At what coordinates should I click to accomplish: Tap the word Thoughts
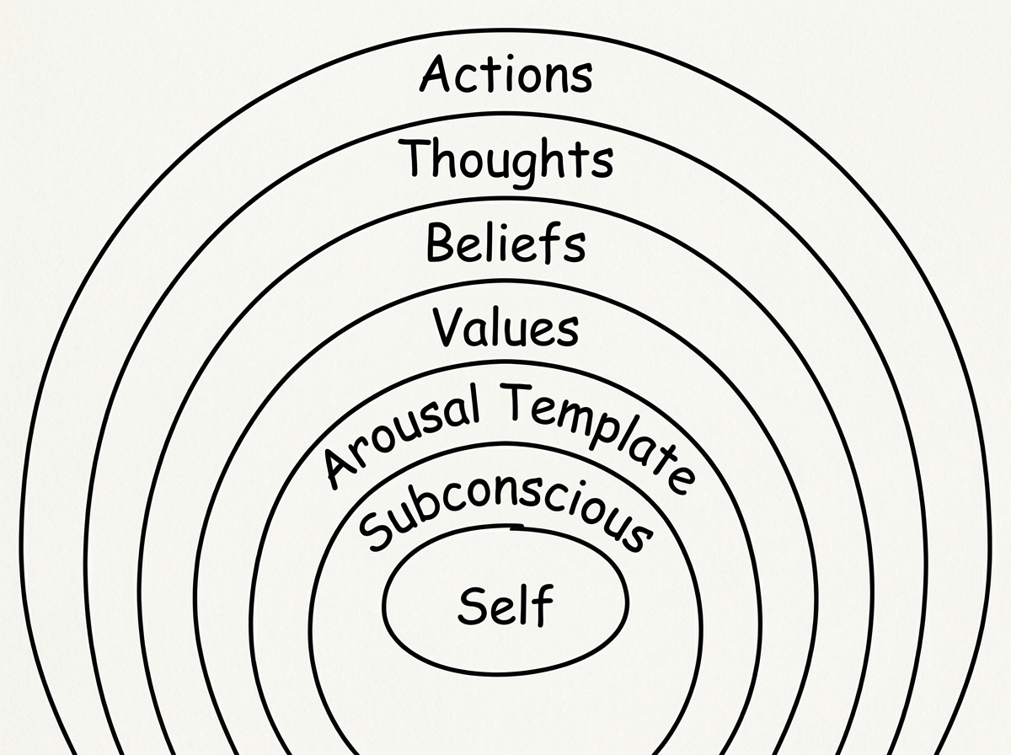coord(507,160)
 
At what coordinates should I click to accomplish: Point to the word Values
coord(505,327)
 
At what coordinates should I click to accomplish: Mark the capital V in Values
coord(450,327)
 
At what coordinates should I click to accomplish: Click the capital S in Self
coord(473,605)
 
